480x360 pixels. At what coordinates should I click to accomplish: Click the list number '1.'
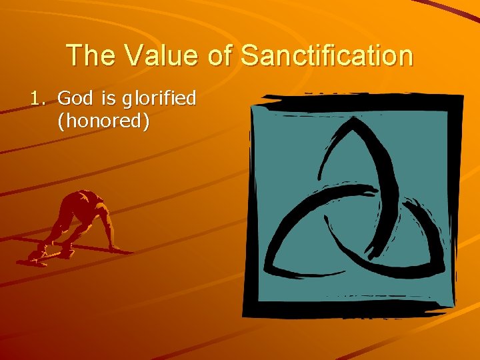point(40,99)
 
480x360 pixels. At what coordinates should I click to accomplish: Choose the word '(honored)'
point(103,122)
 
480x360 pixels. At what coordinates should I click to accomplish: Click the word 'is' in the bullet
point(108,99)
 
